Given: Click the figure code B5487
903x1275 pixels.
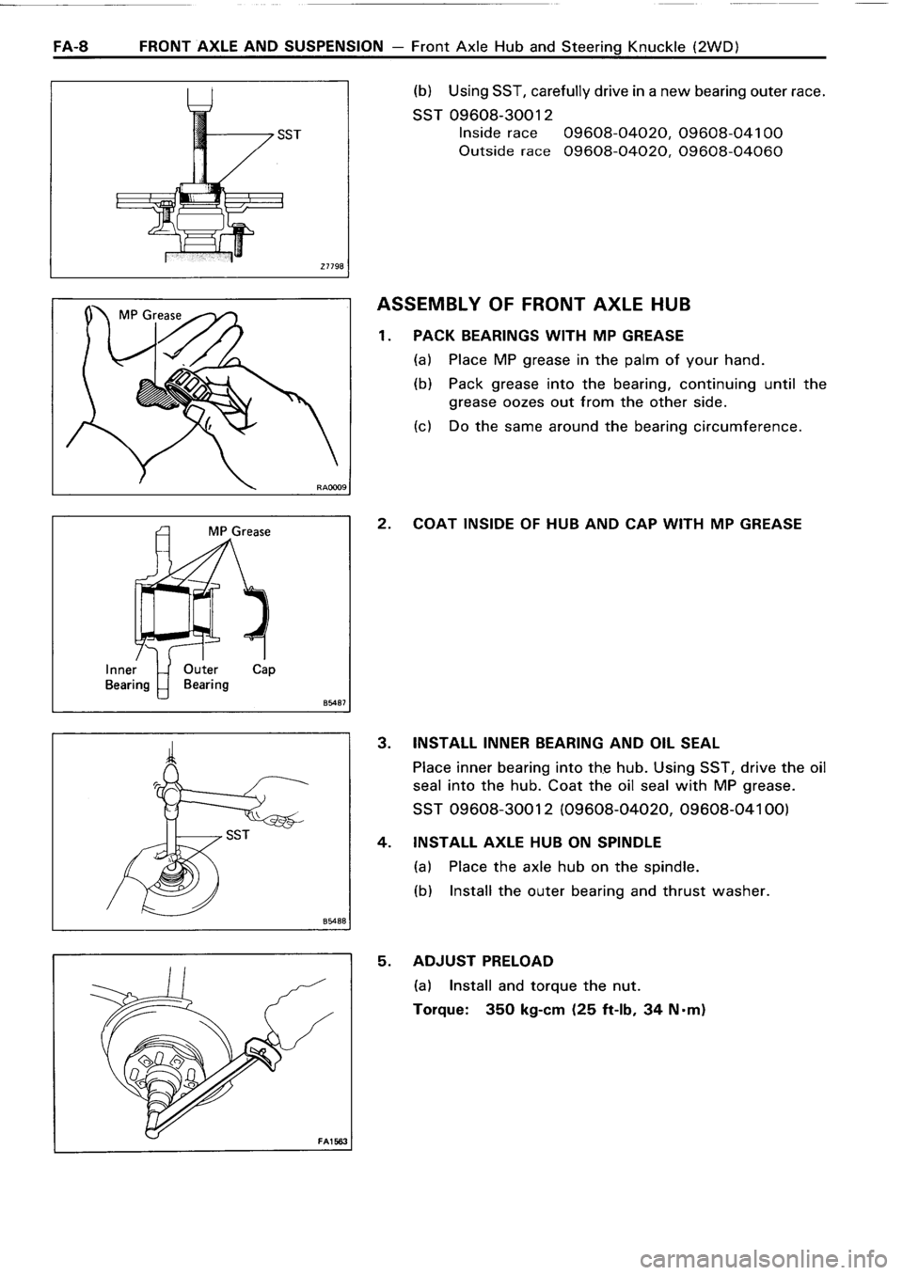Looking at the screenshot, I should click(x=331, y=700).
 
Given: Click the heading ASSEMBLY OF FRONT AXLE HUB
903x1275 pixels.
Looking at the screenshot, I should click(x=533, y=304).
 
